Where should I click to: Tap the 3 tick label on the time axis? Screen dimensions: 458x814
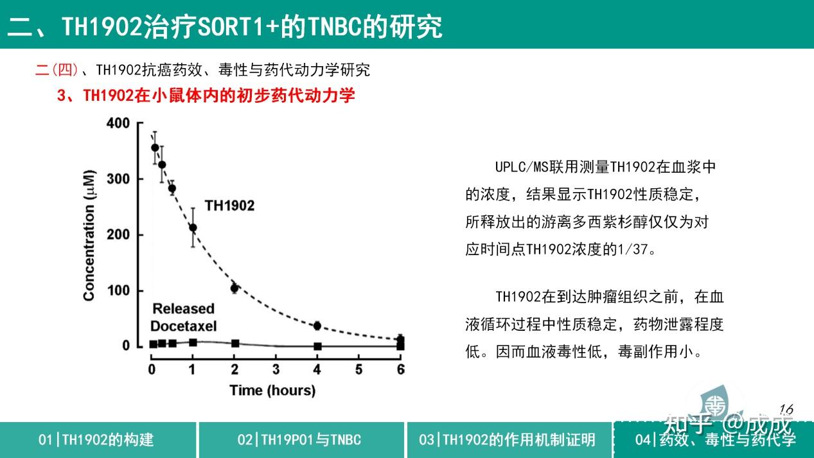pos(276,369)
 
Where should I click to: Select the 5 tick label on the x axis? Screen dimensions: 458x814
pos(359,369)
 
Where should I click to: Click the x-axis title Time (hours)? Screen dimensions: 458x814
pos(272,390)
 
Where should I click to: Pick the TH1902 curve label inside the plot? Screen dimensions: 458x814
pos(229,206)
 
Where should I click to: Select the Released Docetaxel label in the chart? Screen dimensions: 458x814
pos(183,317)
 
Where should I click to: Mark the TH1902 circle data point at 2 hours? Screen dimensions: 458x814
pos(234,288)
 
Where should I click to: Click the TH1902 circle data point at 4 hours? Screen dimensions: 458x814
pos(317,326)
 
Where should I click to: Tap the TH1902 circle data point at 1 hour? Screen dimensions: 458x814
pos(193,227)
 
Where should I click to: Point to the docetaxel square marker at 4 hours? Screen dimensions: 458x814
pos(317,346)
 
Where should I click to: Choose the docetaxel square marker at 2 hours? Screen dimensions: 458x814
pos(235,344)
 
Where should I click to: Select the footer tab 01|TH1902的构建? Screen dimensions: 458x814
pos(96,440)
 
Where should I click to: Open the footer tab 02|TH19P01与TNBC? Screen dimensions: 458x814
pos(299,440)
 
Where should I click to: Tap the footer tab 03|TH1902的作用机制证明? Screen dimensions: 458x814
pos(508,440)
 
